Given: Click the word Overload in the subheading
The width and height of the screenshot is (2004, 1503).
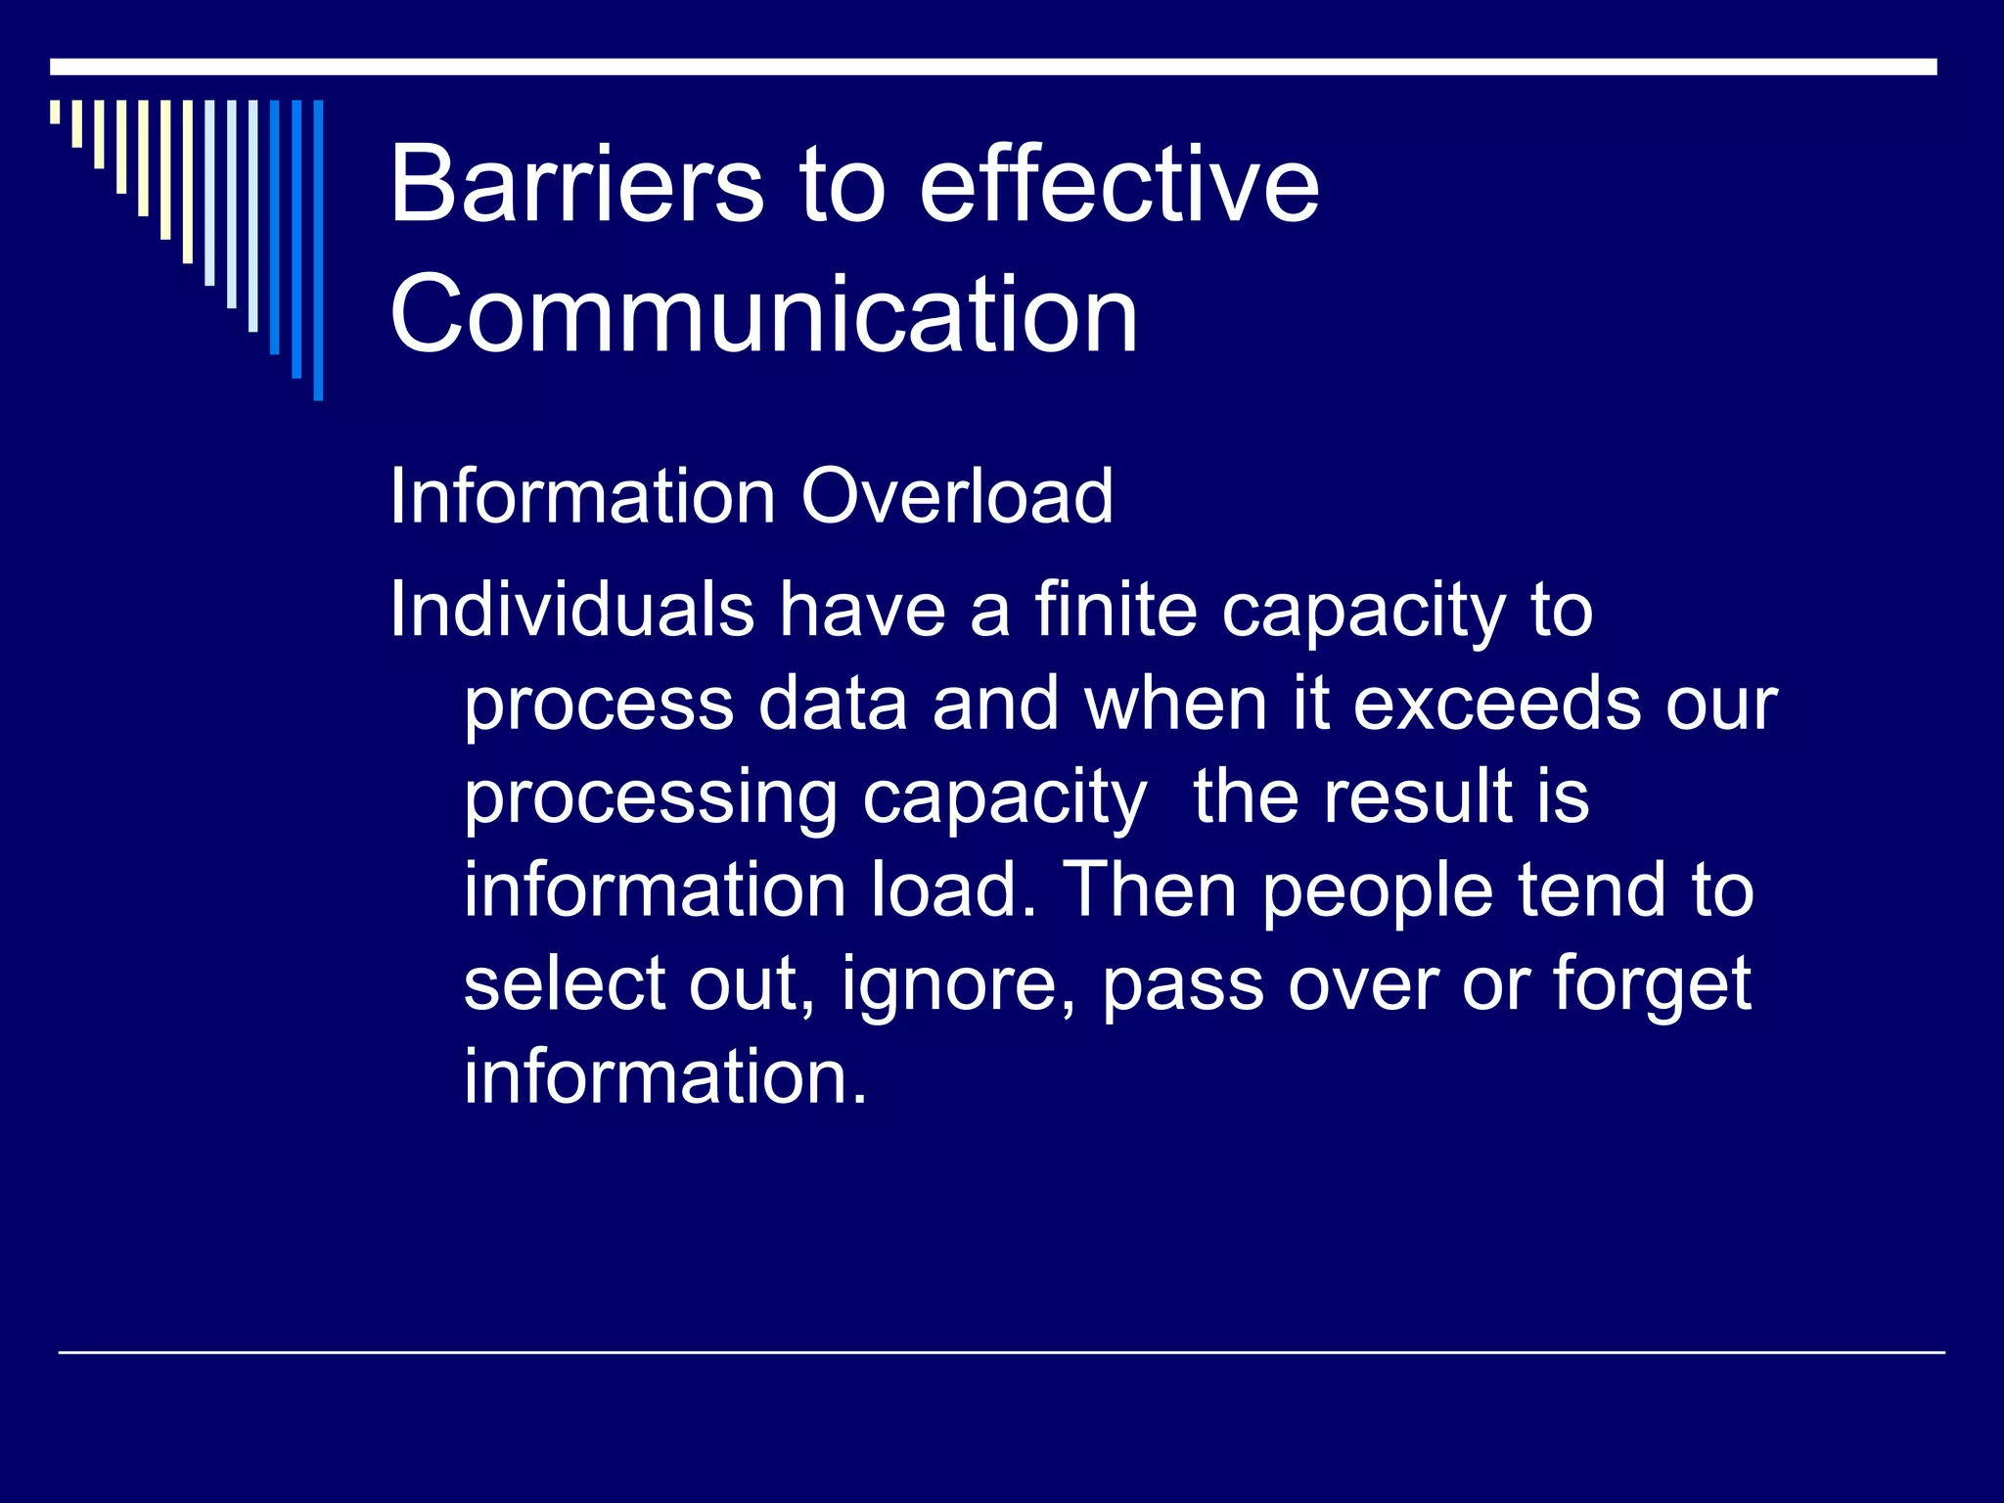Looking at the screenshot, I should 956,496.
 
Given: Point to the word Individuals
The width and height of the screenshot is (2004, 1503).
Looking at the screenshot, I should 571,610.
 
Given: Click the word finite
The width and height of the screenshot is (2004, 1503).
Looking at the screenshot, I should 1116,610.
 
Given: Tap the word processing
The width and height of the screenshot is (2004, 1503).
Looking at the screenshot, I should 650,798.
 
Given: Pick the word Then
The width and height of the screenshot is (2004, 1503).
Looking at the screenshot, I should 1150,889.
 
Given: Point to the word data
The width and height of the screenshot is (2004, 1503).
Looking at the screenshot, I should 833,704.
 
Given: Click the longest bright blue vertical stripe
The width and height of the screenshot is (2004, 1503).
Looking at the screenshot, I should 318,250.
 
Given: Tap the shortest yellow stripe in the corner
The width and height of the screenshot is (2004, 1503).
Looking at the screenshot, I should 55,112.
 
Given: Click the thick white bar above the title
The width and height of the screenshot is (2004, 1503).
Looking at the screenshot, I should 993,67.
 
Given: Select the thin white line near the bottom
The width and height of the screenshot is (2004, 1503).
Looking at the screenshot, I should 1001,1352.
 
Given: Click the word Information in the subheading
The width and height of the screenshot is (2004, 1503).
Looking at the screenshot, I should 583,496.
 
